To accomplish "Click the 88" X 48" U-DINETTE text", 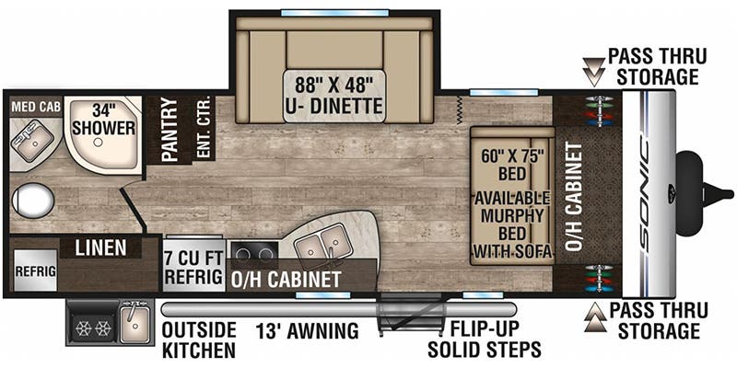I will pos(333,94).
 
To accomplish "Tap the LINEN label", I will pos(100,248).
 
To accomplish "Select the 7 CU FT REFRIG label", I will pos(193,265).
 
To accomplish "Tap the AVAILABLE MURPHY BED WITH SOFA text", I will pos(512,224).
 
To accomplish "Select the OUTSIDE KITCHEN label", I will pos(198,339).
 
